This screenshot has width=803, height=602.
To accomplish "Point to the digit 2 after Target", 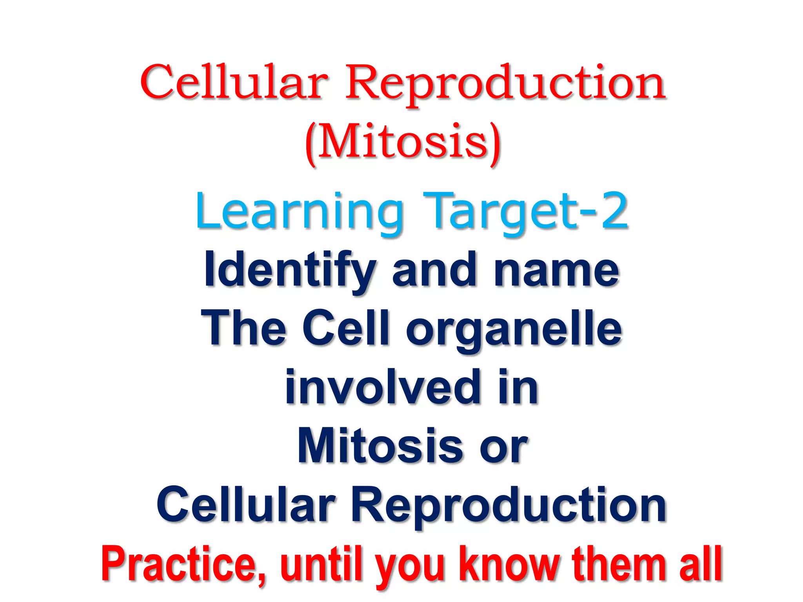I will click(x=615, y=211).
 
